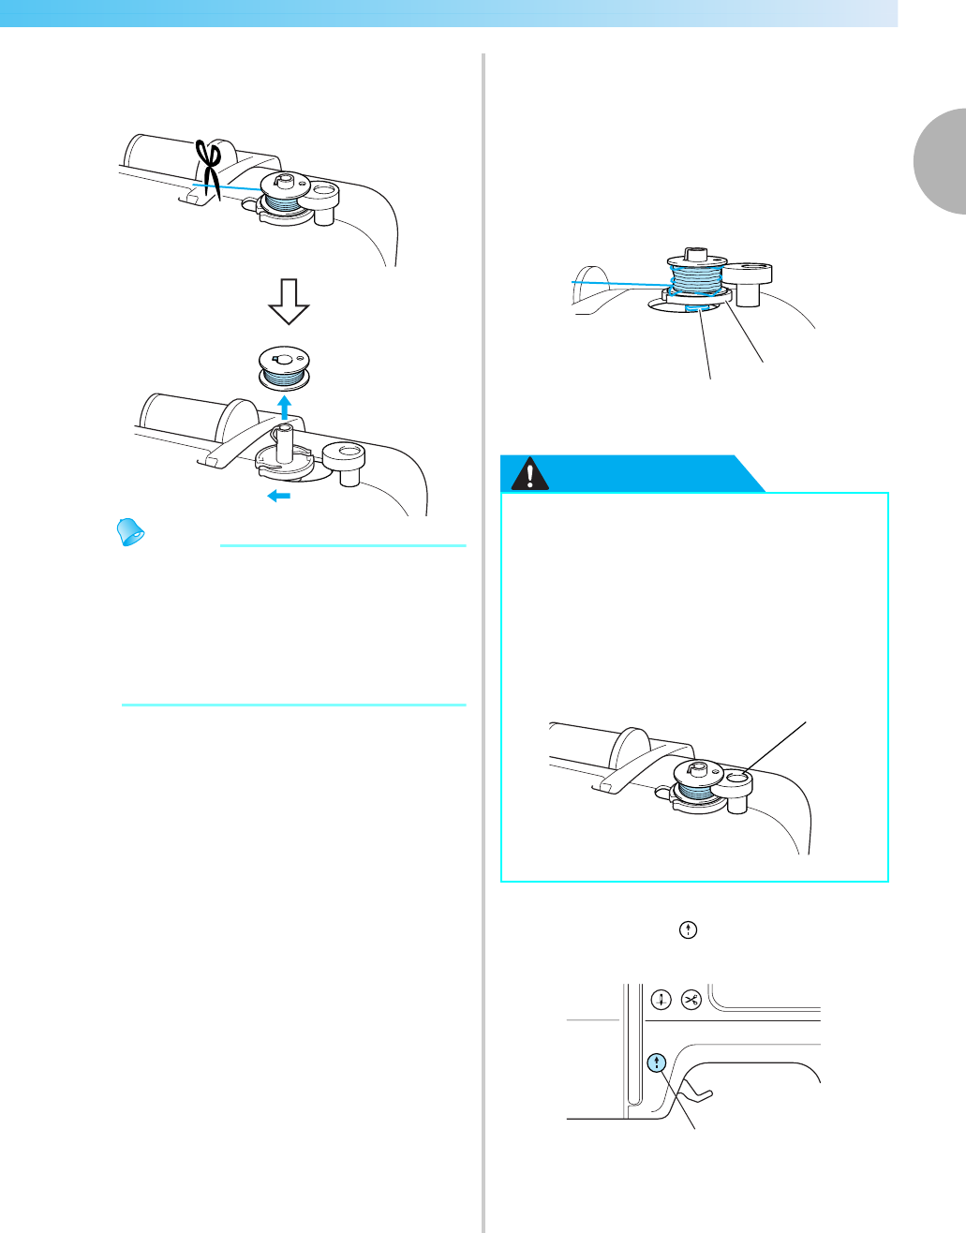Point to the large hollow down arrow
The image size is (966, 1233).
pyautogui.click(x=289, y=301)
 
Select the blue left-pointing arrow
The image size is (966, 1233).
pyautogui.click(x=278, y=496)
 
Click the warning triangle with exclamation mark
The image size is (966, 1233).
pyautogui.click(x=531, y=475)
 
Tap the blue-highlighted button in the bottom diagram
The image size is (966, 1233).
pyautogui.click(x=658, y=1062)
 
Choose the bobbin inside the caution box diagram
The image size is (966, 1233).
pyautogui.click(x=693, y=780)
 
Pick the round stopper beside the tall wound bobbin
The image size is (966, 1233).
pyautogui.click(x=748, y=281)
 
